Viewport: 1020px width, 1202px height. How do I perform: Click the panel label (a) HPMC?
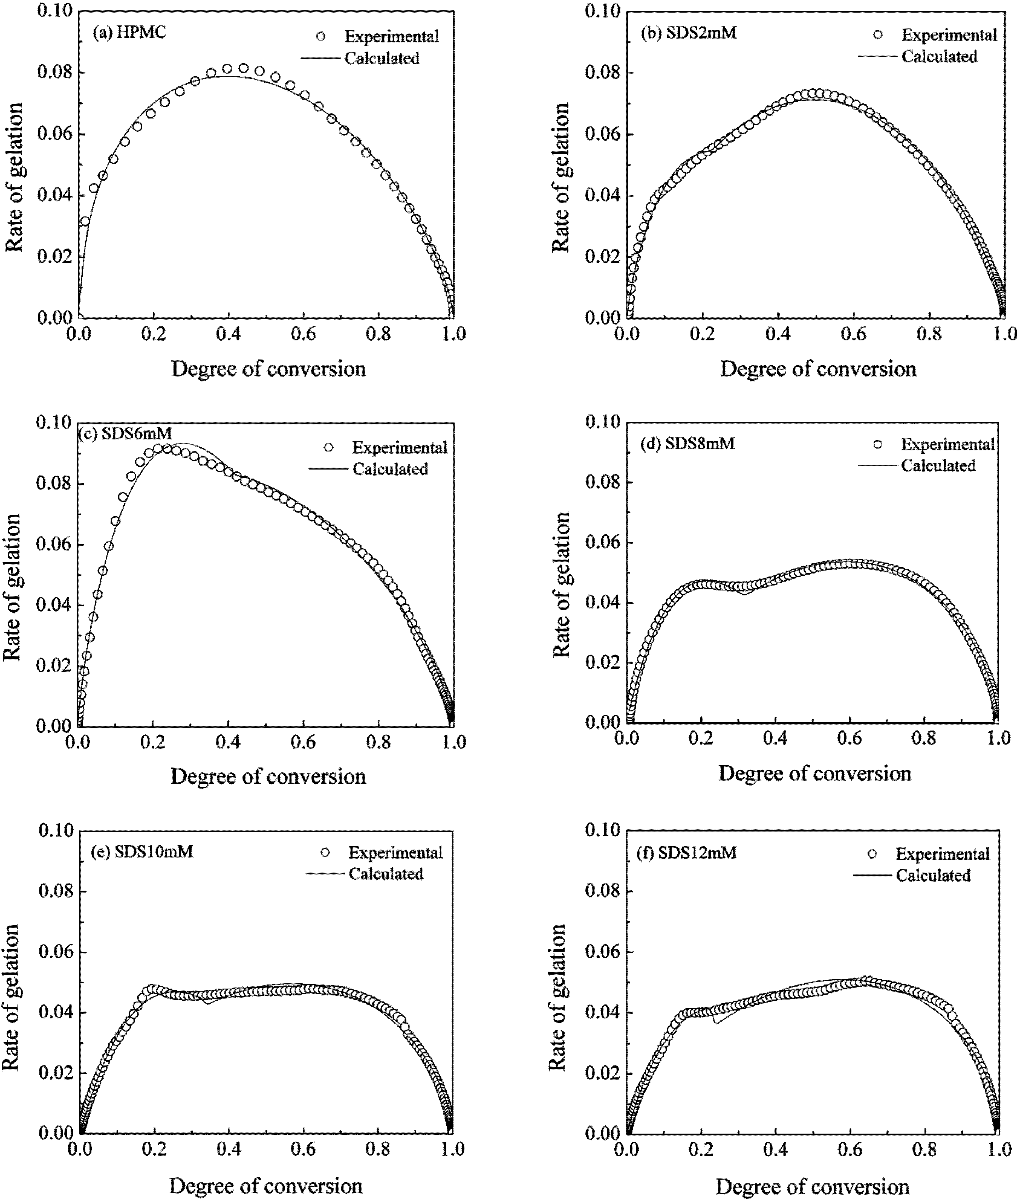click(x=129, y=32)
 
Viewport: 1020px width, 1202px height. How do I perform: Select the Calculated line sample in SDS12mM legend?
click(x=872, y=875)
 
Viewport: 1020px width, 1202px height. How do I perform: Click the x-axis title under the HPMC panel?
click(x=268, y=369)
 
